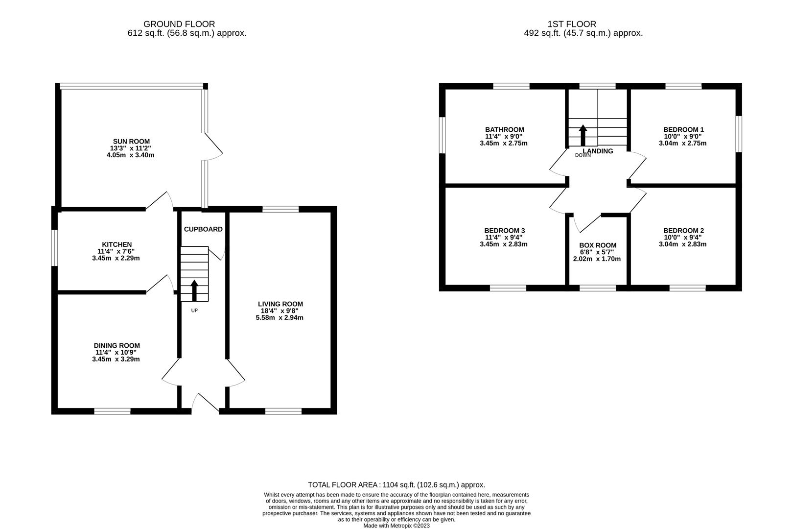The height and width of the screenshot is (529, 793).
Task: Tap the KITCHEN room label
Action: point(117,244)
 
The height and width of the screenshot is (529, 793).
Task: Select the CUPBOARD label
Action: point(203,229)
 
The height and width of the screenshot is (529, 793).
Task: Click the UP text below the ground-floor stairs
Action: point(194,311)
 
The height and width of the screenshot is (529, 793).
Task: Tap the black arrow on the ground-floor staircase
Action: point(194,290)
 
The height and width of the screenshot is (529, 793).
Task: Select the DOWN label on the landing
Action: point(583,155)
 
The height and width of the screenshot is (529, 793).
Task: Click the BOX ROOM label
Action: point(598,245)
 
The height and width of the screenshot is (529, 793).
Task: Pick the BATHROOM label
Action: point(504,130)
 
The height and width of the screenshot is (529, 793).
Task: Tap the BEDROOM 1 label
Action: point(683,130)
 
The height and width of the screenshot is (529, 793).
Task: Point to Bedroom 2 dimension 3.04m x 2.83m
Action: point(683,244)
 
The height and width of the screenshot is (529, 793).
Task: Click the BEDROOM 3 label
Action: point(504,230)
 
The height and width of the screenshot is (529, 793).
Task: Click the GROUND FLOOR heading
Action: point(179,24)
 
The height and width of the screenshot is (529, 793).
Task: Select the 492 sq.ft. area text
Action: point(583,33)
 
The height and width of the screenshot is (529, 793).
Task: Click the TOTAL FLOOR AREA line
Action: point(396,485)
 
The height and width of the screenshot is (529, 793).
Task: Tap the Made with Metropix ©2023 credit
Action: point(396,526)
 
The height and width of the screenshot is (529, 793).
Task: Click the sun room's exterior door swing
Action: point(214,147)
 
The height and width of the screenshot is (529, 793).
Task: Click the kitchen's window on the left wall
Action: point(55,248)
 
